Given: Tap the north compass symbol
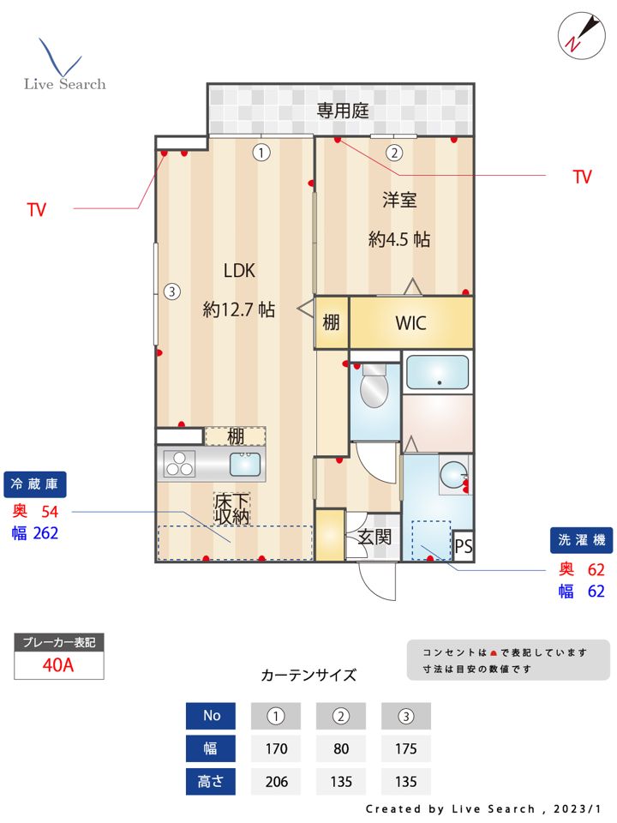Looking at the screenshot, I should [x=576, y=33].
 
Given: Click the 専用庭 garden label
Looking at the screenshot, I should [x=343, y=110].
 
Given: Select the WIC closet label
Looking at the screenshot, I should [x=410, y=323].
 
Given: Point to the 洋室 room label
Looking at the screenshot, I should [x=398, y=200].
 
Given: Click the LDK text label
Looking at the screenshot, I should [x=239, y=270].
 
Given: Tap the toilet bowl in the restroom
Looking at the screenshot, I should [x=374, y=388].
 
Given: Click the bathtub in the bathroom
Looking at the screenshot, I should [x=438, y=372].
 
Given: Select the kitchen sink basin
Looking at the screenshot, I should [x=247, y=465].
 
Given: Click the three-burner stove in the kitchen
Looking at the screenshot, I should [x=181, y=465].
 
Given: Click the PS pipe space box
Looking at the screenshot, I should [x=463, y=544].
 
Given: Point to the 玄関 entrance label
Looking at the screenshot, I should [x=374, y=538].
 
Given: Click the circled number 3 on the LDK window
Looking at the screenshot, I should [x=171, y=291].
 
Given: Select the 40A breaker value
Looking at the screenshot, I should [x=59, y=665].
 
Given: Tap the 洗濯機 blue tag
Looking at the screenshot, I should [x=581, y=540].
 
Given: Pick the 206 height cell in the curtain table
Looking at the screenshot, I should [x=276, y=782].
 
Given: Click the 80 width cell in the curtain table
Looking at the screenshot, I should [x=341, y=748].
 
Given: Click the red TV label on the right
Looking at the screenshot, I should [x=583, y=177].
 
